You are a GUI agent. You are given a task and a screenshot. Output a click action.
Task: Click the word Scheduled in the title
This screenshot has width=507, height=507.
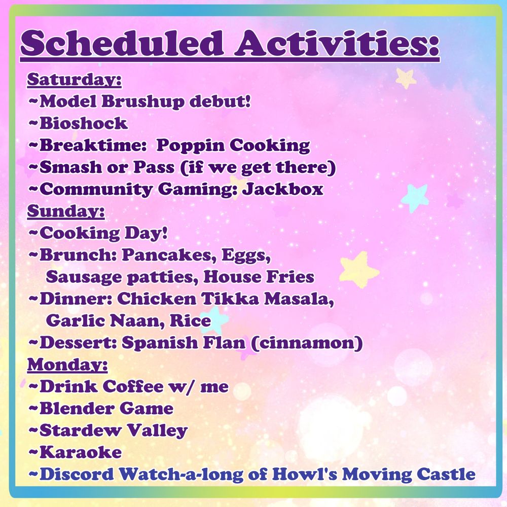122,43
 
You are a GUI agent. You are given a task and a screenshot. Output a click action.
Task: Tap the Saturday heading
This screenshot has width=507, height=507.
75,80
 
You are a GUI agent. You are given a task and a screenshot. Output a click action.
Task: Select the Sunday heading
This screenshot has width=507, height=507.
66,211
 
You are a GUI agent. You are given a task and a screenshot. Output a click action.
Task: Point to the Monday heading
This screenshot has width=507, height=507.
67,365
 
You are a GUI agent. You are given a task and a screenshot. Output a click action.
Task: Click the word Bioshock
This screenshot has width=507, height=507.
84,123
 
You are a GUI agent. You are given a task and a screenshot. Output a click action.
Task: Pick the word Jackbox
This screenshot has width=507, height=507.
283,189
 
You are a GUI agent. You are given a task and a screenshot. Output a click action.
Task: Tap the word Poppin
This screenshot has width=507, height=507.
191,146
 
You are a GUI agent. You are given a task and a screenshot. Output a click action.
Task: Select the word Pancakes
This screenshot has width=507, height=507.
169,256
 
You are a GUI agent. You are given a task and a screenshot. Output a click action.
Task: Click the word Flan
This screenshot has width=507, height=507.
224,342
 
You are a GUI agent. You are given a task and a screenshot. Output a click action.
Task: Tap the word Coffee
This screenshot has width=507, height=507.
133,386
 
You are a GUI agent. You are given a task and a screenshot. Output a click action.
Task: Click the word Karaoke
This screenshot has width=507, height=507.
81,452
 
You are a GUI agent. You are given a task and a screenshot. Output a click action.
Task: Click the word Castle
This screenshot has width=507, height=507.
446,475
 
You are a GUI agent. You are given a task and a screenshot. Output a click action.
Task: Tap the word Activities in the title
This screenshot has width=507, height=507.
337,43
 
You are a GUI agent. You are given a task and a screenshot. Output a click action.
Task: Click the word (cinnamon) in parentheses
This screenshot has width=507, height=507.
307,343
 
